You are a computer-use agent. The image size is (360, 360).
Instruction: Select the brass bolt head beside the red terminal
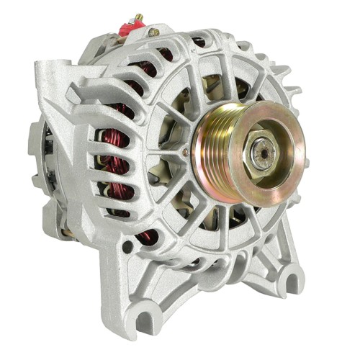tap(153, 32)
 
